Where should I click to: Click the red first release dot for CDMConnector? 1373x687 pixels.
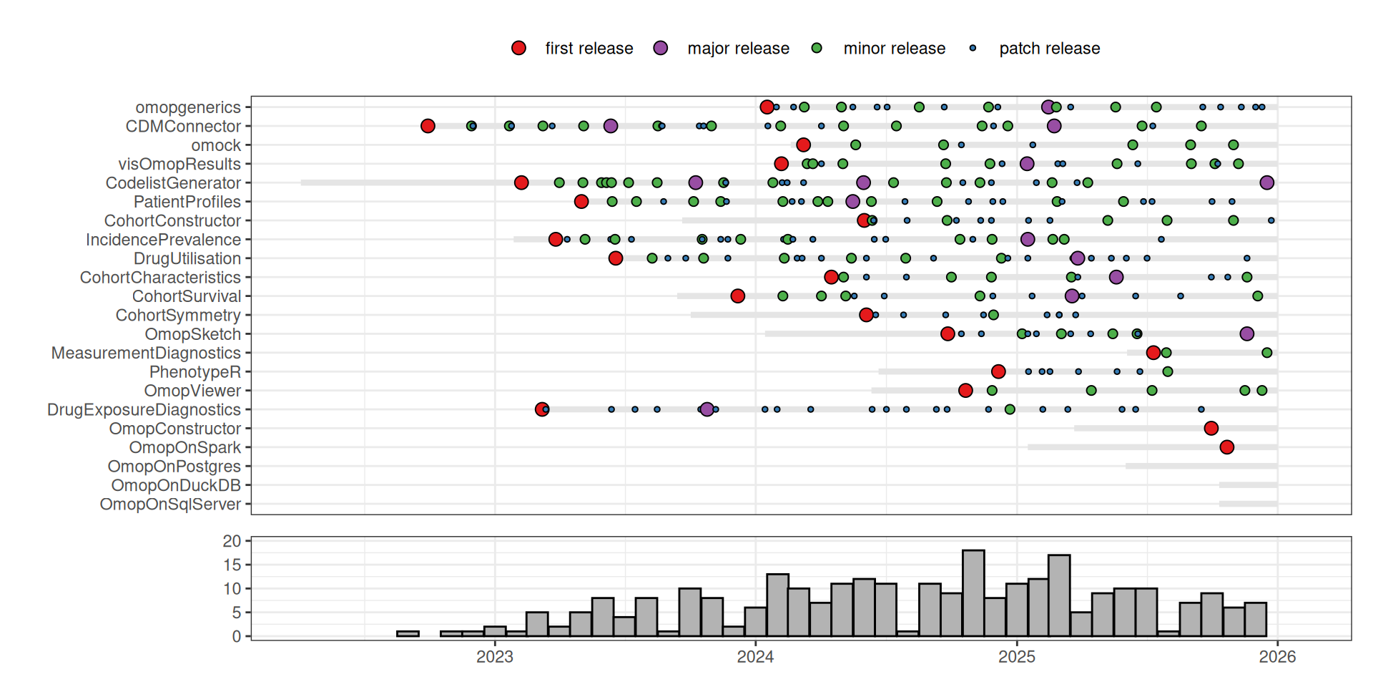(428, 126)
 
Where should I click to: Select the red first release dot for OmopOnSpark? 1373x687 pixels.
(1227, 447)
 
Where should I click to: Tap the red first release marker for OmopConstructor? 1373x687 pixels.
(1211, 429)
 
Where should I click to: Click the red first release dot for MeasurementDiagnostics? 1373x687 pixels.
(1153, 353)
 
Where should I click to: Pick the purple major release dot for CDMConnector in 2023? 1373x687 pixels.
(610, 126)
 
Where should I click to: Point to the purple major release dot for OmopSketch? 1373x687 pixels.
(1246, 334)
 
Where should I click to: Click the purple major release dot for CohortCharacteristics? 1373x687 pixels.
(1116, 277)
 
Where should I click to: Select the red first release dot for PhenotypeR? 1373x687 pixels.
(998, 371)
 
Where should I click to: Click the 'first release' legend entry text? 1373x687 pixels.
(589, 49)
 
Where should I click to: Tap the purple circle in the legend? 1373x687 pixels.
(661, 48)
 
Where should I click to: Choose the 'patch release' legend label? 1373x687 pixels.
(1049, 49)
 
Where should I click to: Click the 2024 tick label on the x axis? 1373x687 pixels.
(755, 657)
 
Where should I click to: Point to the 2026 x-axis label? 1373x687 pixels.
(1277, 657)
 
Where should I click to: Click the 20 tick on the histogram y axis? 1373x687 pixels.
(232, 542)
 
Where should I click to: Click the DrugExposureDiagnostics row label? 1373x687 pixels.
(144, 410)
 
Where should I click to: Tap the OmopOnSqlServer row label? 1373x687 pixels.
(170, 505)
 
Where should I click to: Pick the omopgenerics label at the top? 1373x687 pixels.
(188, 107)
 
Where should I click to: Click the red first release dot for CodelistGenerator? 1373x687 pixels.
(521, 182)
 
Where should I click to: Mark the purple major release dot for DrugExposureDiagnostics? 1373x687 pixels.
(707, 409)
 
